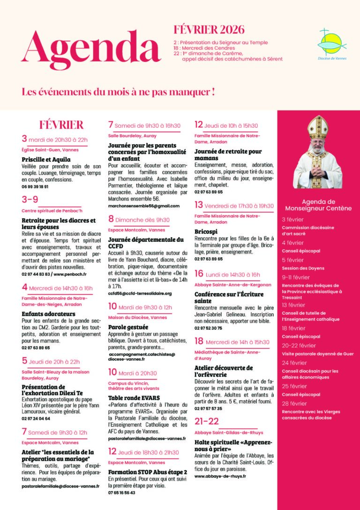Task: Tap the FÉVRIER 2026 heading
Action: point(209,30)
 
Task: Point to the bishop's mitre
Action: point(317,125)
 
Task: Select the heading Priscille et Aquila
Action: point(46,159)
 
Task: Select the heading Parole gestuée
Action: point(128,326)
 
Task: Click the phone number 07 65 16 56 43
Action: point(121,493)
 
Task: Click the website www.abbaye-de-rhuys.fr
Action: point(220,476)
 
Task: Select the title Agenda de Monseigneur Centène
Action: point(318,205)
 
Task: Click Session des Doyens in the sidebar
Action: point(303,268)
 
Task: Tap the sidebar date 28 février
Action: point(294,403)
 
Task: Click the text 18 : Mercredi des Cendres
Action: point(203,48)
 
